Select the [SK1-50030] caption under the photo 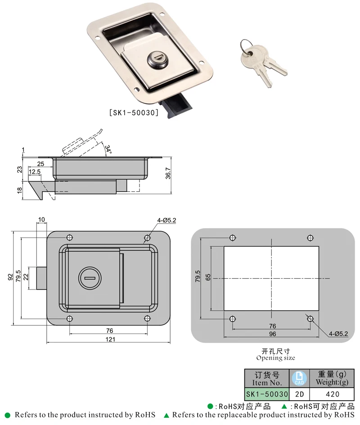(134, 113)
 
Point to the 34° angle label (108, 149)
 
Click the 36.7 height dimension (168, 173)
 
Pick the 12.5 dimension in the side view (35, 172)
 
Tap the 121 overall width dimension (110, 339)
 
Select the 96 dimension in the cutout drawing (272, 334)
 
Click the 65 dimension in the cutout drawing (208, 277)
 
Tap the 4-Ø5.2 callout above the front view (166, 220)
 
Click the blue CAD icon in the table (299, 378)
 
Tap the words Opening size (275, 358)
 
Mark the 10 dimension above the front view (41, 220)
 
